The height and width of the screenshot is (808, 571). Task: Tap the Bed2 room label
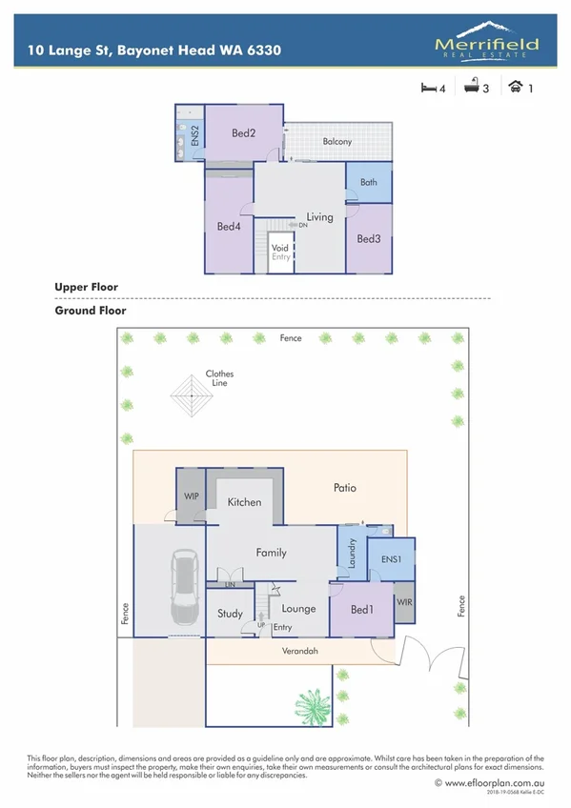[244, 133]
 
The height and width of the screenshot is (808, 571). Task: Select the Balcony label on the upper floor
[336, 142]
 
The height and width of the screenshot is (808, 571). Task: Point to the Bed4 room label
[228, 227]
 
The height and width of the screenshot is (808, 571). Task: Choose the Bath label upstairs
[368, 182]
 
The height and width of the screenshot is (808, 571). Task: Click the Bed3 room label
[369, 239]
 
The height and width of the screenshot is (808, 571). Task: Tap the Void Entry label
[280, 252]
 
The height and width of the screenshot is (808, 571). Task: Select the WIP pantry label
[190, 496]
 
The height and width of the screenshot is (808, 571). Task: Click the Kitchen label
[244, 502]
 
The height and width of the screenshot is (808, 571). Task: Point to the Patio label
[345, 488]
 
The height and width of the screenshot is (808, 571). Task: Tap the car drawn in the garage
[181, 586]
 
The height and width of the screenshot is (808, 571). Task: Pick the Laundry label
[352, 555]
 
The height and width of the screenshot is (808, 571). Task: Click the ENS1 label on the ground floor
[391, 560]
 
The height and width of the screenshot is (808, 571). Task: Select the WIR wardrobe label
[404, 603]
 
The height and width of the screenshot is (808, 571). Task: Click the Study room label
[230, 615]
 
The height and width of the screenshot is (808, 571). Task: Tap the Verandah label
[299, 652]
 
